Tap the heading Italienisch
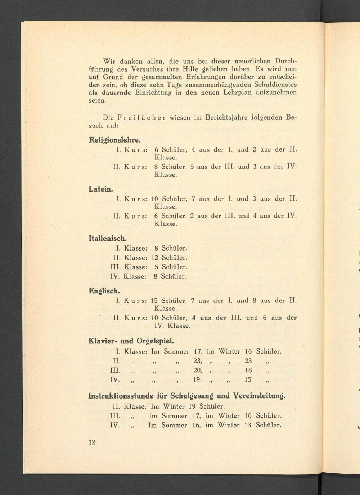[108, 238]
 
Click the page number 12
[92, 442]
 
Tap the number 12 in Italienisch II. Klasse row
[155, 258]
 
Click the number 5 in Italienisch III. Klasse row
[156, 267]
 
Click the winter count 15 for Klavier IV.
[248, 380]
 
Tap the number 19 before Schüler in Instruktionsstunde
[192, 406]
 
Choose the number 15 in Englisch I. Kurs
[154, 301]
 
